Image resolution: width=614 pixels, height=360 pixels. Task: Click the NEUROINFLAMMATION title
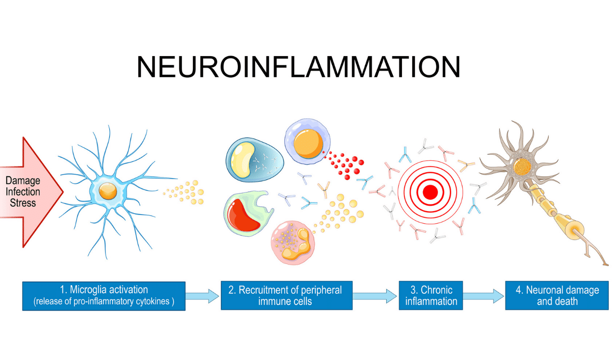pos(298,67)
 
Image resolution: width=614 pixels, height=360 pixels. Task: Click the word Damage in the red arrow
pos(23,181)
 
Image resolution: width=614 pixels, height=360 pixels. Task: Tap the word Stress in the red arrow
pos(23,202)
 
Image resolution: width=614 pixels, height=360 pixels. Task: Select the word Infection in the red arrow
pos(23,192)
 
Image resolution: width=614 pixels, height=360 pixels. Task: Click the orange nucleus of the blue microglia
pos(107,192)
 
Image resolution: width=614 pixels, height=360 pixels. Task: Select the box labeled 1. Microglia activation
pos(104,296)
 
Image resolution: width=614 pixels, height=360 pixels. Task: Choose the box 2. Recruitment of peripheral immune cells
pos(286,296)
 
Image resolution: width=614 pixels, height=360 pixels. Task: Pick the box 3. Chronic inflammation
pos(431,296)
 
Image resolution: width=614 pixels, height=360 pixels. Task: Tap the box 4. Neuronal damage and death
pos(557,296)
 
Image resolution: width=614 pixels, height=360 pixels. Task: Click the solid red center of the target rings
pos(430,192)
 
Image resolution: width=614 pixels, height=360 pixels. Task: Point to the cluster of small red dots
pos(345,163)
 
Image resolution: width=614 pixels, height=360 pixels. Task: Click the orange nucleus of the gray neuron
pos(520,167)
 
